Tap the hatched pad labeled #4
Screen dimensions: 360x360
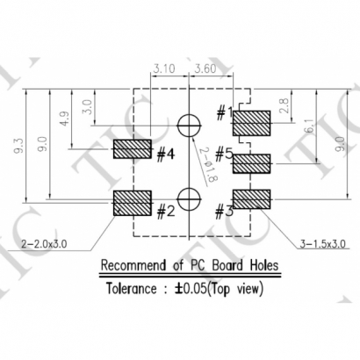(x=133, y=149)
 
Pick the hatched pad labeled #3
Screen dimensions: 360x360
(x=250, y=198)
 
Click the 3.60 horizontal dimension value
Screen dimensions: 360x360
(x=205, y=67)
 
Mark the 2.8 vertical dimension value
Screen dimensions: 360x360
(x=283, y=106)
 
